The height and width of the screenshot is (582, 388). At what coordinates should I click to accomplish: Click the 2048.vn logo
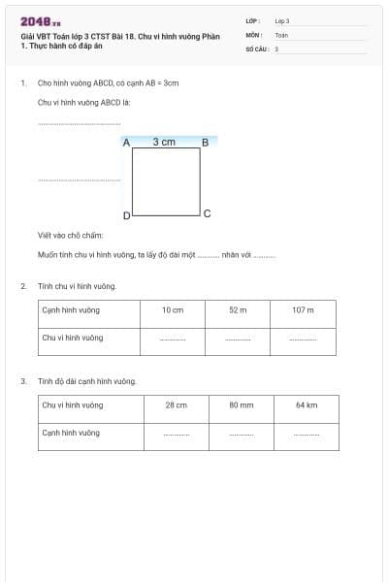(x=41, y=21)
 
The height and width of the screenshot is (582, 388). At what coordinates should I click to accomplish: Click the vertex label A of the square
(x=126, y=143)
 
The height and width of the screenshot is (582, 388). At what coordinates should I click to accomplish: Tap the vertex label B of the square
(x=205, y=143)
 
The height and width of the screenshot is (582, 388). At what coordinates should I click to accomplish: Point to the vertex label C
(x=207, y=212)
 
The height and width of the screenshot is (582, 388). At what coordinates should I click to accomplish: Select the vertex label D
(x=126, y=215)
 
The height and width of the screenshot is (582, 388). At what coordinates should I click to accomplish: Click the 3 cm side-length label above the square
(x=165, y=142)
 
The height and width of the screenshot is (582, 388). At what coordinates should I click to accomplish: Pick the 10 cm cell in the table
(x=173, y=310)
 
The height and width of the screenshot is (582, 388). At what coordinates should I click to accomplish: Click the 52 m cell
(x=238, y=310)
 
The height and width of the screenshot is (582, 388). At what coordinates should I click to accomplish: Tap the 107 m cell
(x=303, y=310)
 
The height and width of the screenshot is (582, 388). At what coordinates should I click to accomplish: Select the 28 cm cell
(x=177, y=405)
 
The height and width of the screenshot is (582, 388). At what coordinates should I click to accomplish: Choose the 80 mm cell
(x=241, y=405)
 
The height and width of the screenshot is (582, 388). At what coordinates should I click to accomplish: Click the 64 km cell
(x=307, y=405)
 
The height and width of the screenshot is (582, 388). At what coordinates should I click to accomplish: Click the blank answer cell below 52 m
(x=238, y=339)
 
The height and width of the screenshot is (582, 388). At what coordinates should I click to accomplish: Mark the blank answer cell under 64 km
(x=307, y=434)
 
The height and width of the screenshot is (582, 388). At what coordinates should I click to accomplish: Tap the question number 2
(x=23, y=286)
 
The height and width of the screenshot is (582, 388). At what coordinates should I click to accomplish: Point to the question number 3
(x=23, y=381)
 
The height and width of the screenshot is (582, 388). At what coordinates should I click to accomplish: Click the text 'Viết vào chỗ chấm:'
(x=70, y=236)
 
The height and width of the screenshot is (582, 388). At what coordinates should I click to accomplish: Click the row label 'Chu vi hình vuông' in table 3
(x=73, y=405)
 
